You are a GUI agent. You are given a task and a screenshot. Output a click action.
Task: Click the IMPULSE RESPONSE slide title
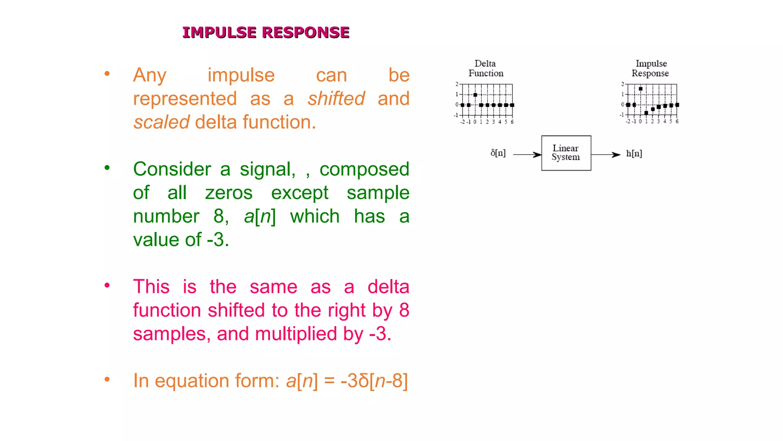(x=266, y=33)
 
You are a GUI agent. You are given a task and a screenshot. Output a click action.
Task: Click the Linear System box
(x=566, y=153)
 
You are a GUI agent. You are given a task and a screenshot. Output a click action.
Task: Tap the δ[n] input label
(x=498, y=154)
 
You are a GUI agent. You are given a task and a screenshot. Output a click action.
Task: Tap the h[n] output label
(x=634, y=154)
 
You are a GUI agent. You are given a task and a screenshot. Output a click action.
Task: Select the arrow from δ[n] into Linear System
(x=527, y=155)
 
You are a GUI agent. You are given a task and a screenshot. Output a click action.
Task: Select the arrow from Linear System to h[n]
(x=606, y=155)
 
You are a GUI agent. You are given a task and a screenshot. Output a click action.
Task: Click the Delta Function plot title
(x=486, y=69)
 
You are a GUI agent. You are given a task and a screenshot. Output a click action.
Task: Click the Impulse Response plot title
(x=650, y=69)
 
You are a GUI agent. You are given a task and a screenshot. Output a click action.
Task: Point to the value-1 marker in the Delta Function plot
(x=475, y=95)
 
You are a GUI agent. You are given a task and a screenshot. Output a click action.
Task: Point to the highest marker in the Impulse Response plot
(x=640, y=89)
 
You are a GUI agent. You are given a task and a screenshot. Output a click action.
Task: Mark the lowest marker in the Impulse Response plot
(x=646, y=113)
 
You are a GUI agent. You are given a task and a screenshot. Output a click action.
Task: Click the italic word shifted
(x=336, y=99)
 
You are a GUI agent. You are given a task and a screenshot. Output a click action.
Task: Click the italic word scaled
(x=161, y=122)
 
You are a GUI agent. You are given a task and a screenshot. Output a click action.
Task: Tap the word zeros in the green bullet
(x=229, y=193)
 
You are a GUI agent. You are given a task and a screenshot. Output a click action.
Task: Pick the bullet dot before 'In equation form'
(x=107, y=379)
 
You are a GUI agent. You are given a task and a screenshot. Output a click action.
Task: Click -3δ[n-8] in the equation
(x=374, y=381)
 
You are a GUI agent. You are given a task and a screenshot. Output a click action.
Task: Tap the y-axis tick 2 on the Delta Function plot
(x=456, y=84)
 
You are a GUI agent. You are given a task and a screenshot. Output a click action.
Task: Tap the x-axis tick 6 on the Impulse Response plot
(x=677, y=121)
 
